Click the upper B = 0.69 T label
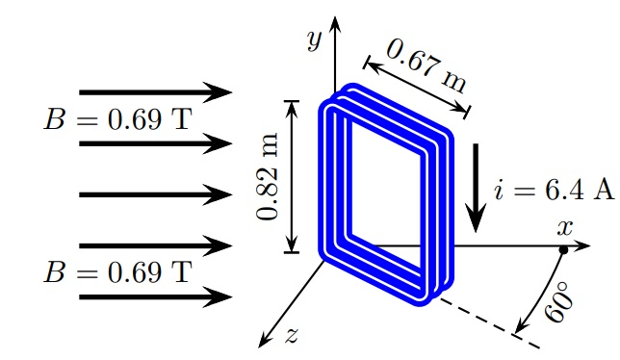[116, 118]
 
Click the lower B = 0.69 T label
[116, 271]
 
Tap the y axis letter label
[313, 39]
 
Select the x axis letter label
[565, 228]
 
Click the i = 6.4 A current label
[553, 189]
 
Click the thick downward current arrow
[476, 189]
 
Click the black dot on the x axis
[562, 251]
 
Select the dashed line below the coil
[481, 314]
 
